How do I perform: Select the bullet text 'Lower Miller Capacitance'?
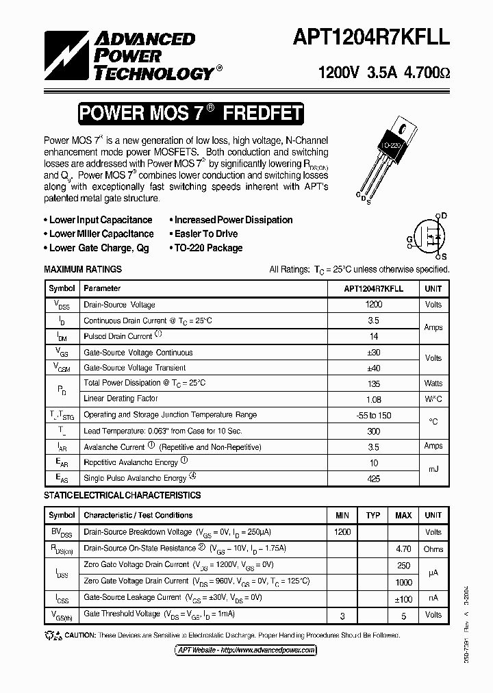101,234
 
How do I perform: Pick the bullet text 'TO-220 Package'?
207,248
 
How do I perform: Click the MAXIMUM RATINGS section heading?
83,269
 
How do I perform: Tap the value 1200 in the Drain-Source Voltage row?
374,305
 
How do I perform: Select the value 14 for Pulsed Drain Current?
374,337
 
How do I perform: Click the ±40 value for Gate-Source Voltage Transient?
374,368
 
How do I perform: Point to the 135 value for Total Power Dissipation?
374,383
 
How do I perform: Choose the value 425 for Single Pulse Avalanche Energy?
374,479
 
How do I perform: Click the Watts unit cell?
433,383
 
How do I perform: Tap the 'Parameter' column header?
102,289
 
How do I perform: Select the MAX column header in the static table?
403,515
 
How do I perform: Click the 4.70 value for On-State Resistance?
403,549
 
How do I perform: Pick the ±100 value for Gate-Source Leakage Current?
403,598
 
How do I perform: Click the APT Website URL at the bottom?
246,650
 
